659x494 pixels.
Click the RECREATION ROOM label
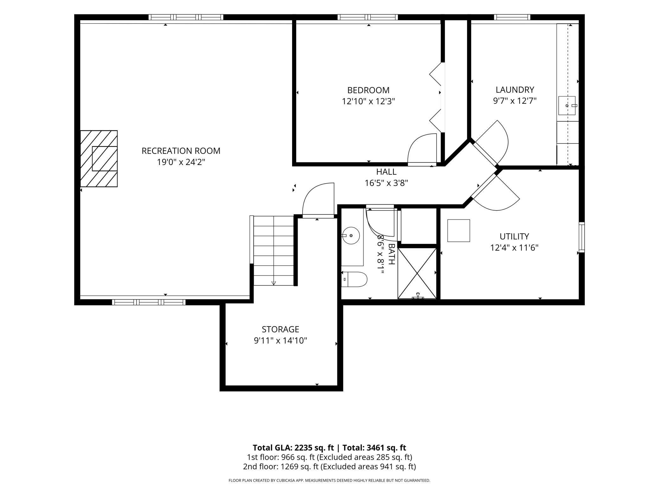181,151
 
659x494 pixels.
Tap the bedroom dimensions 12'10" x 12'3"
368,101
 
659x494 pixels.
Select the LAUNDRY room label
515,90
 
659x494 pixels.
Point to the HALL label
386,172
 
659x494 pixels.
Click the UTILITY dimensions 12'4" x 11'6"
514,248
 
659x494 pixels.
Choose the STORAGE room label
280,329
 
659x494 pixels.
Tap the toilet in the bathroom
354,279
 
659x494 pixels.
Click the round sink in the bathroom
351,236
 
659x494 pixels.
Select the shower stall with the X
417,273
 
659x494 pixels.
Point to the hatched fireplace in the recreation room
99,159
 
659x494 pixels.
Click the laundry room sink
567,105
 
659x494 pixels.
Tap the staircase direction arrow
274,283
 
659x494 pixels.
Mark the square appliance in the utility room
458,231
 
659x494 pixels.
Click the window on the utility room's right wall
582,237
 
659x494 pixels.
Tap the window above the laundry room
512,17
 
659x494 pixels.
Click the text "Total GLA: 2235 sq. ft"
293,447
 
